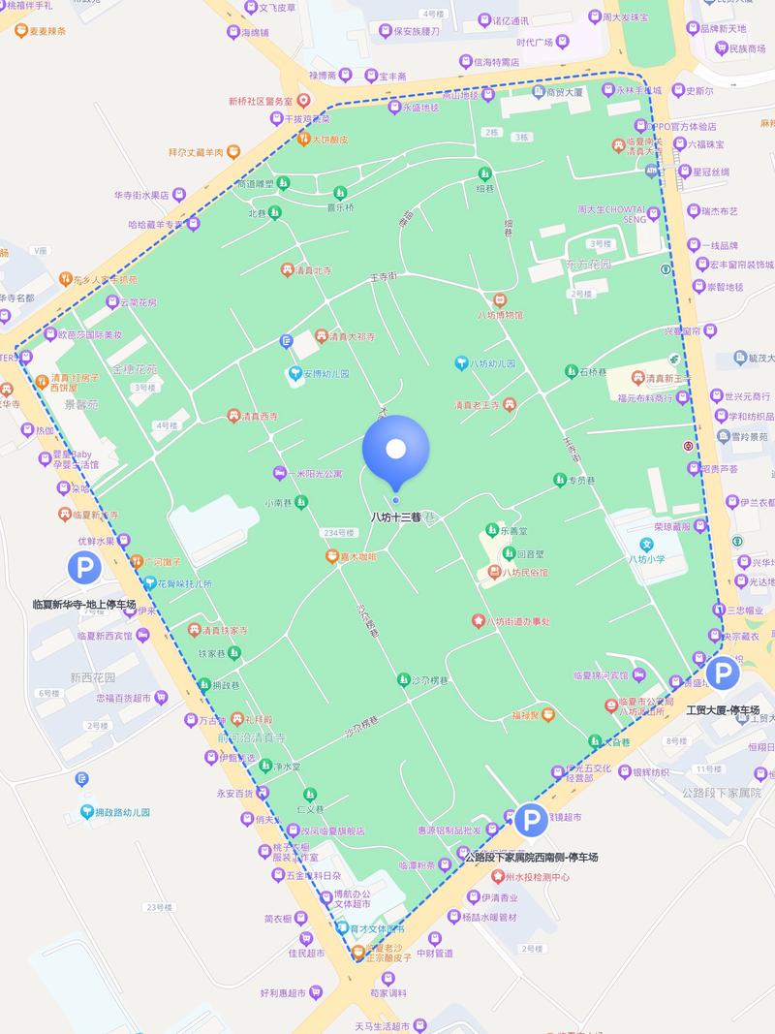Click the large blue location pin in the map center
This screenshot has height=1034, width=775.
[x=395, y=450]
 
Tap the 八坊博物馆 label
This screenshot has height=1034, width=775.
[x=500, y=315]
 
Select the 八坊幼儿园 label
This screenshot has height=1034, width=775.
[x=492, y=364]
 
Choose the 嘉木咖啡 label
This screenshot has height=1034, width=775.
[x=357, y=556]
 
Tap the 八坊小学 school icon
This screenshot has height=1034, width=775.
[x=646, y=545]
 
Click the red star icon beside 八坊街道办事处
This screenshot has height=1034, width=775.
[x=477, y=621]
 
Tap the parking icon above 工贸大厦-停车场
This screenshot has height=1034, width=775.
[x=722, y=673]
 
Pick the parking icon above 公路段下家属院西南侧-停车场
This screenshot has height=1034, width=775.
[x=530, y=821]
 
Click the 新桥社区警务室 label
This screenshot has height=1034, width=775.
[x=260, y=101]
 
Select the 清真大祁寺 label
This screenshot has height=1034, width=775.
[x=348, y=336]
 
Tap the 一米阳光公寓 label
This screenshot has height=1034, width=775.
[x=315, y=474]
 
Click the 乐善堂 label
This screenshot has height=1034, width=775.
[x=513, y=531]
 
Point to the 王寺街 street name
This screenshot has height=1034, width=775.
[x=384, y=277]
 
